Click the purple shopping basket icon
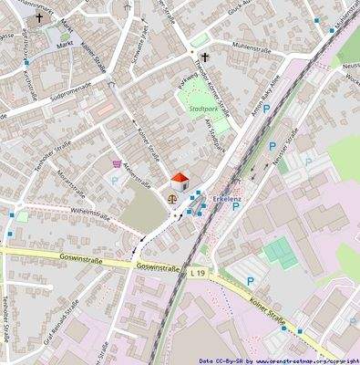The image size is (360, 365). pos(116,164)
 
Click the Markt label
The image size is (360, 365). pos(65,43)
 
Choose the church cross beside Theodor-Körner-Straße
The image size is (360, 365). pos(205,57)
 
